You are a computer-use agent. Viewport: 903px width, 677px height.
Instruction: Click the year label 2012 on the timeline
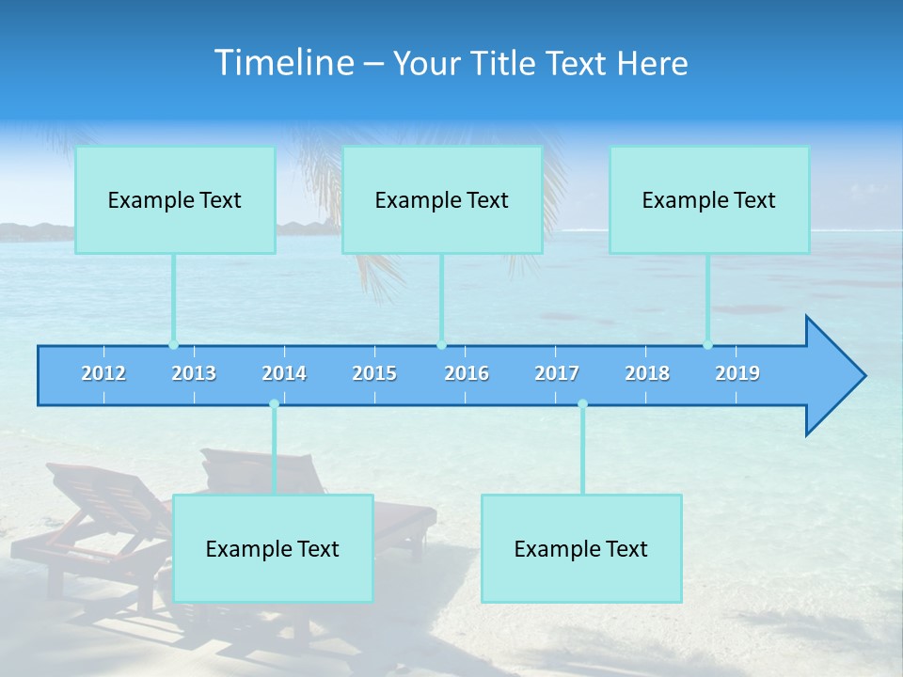[103, 373]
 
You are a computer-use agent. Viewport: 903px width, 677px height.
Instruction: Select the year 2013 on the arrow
[194, 373]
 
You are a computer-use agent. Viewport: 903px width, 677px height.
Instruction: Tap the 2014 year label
[284, 373]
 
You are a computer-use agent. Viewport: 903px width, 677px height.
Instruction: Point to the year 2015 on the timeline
[374, 373]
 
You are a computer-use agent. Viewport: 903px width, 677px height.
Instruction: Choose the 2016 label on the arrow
[467, 373]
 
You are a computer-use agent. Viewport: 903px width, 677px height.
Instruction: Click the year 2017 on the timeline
[557, 373]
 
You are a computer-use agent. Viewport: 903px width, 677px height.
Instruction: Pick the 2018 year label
[647, 373]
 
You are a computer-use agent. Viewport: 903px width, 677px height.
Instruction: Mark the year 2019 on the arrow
[737, 373]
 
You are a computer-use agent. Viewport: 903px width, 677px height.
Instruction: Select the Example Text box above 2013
[175, 200]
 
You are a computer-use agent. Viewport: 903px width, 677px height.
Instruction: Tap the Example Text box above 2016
[442, 200]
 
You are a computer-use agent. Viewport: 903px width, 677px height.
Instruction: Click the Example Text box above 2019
[709, 200]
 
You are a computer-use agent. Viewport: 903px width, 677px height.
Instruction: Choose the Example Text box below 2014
[273, 548]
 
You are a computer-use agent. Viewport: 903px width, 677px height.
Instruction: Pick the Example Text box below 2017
[581, 548]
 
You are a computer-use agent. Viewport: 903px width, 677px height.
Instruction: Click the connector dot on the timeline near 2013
[173, 345]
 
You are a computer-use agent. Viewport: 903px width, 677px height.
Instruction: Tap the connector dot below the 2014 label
[274, 404]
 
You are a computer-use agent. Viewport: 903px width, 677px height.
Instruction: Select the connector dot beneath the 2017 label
[582, 404]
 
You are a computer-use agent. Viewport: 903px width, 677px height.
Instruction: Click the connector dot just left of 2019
[707, 345]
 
